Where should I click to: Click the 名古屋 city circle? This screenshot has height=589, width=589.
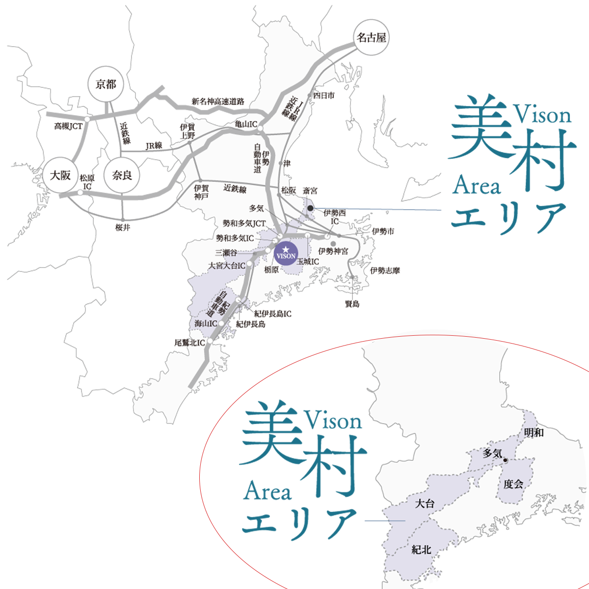click(371, 37)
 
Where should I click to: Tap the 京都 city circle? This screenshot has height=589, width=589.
click(106, 84)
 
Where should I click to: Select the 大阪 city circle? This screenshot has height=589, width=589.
click(61, 175)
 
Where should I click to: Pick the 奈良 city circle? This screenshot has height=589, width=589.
click(122, 175)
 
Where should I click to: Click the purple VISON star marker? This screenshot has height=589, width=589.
click(286, 253)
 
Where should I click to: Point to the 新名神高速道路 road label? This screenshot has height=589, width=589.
click(217, 102)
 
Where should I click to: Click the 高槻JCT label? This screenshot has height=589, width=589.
click(68, 127)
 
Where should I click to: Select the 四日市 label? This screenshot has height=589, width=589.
click(323, 95)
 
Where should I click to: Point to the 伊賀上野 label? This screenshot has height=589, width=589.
click(187, 131)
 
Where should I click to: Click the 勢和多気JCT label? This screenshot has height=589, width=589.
click(244, 224)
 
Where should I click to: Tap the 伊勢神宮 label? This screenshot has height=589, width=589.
click(333, 251)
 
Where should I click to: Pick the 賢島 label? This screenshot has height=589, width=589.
click(352, 304)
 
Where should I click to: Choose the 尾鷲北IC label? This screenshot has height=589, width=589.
click(189, 343)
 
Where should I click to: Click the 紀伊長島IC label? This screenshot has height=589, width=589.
click(272, 314)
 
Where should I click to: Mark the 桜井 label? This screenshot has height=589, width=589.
click(123, 228)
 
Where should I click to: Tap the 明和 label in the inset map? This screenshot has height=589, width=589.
click(534, 433)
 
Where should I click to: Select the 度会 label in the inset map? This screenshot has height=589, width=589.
click(513, 484)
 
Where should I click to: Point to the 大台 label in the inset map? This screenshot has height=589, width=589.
click(425, 504)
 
